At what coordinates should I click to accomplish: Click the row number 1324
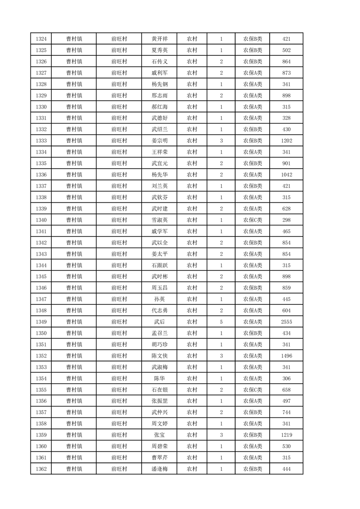point(41,39)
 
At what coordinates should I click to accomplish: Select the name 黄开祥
point(160,39)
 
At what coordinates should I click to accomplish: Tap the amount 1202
point(286,141)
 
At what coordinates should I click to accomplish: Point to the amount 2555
point(286,322)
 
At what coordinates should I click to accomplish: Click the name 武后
point(160,322)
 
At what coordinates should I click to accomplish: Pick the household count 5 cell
point(221,322)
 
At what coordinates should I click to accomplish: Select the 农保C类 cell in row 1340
point(253,220)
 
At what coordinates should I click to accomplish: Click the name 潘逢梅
point(160,469)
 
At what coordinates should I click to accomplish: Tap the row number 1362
point(41,469)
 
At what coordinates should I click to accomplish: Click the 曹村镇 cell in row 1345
point(74,277)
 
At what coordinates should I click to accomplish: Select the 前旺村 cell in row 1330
point(119,107)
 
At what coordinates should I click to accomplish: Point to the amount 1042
point(286,175)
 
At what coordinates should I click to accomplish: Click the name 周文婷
point(160,424)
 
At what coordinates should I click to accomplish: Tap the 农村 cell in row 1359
point(192,435)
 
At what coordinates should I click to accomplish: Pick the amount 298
point(286,220)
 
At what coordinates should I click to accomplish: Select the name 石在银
point(160,390)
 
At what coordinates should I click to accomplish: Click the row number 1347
point(41,299)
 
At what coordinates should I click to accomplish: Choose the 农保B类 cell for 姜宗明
point(253,141)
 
